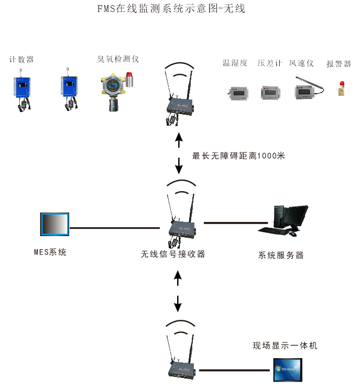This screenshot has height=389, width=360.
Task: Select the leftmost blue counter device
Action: [22, 89]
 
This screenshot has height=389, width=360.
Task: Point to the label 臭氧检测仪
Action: [118, 59]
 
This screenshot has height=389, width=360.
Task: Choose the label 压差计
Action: [269, 63]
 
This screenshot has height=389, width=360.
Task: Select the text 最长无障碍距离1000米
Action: [238, 155]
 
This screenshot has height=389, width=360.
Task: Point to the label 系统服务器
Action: [281, 255]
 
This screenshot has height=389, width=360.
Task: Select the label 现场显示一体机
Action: [285, 346]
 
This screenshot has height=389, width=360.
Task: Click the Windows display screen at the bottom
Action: [288, 370]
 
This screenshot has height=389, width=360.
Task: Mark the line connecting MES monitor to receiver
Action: [115, 228]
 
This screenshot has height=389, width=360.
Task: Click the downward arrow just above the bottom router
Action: [178, 303]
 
